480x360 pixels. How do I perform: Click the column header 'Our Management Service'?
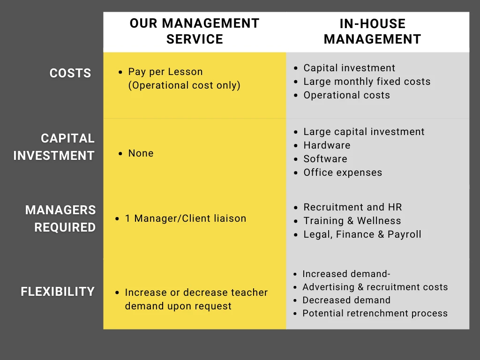coord(195,31)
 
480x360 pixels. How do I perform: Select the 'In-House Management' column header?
coord(372,31)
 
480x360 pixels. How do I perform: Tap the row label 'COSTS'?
coord(70,73)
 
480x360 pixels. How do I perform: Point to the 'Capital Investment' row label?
coord(54,147)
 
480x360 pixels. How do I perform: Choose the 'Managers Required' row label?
coord(60,218)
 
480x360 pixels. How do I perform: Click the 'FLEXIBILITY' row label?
coord(58,292)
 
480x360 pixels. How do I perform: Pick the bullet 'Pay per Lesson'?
coord(165,72)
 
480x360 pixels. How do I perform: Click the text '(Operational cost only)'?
coord(184,85)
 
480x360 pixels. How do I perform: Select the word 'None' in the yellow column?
coord(141,153)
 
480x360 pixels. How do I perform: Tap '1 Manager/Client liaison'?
coord(186,218)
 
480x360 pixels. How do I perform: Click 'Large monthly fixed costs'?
coord(367,82)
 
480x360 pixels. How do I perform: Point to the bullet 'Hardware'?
coord(327,145)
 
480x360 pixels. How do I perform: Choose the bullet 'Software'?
coord(325,159)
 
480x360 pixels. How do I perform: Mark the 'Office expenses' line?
coord(343,172)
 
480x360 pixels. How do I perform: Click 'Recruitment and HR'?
coord(352,207)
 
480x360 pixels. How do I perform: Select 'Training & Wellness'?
coord(352,221)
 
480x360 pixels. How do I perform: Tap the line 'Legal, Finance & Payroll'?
coord(362,234)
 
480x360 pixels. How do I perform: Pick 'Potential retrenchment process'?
coord(375,314)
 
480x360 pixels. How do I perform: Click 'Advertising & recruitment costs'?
coord(375,287)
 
